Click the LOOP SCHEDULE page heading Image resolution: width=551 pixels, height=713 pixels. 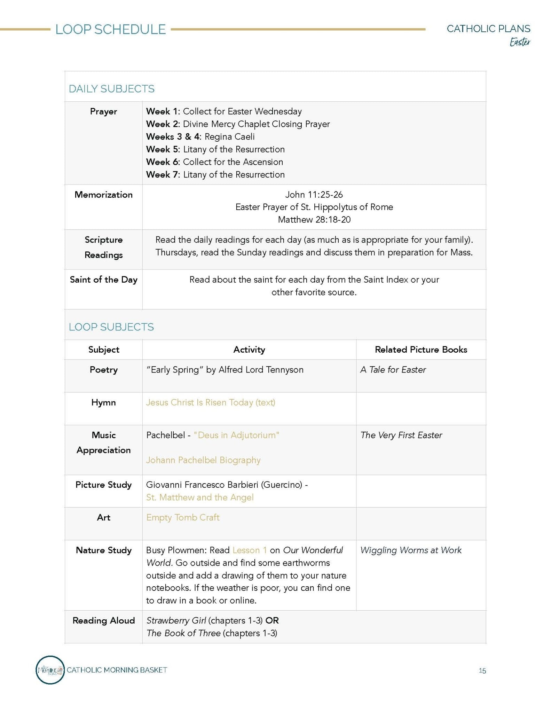pyautogui.click(x=110, y=30)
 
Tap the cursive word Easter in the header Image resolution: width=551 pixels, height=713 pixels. pyautogui.click(x=520, y=42)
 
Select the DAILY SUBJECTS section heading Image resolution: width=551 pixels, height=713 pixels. pyautogui.click(x=111, y=89)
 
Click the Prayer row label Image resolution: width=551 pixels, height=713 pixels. pyautogui.click(x=103, y=111)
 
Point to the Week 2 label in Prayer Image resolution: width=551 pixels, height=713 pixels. pyautogui.click(x=162, y=124)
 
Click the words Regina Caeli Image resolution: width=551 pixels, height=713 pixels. pyautogui.click(x=229, y=136)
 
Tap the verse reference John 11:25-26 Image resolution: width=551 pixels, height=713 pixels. pyautogui.click(x=314, y=195)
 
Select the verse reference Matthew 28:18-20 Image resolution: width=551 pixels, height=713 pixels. pyautogui.click(x=314, y=220)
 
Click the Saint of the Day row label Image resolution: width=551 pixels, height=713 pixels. pyautogui.click(x=103, y=280)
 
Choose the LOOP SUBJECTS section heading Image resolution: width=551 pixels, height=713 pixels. pyautogui.click(x=111, y=327)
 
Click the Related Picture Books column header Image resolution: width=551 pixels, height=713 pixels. pyautogui.click(x=421, y=350)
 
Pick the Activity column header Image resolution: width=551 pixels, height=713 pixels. pyautogui.click(x=249, y=350)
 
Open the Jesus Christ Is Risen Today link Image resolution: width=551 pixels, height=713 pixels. pyautogui.click(x=211, y=402)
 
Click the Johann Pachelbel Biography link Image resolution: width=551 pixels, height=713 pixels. pyautogui.click(x=203, y=460)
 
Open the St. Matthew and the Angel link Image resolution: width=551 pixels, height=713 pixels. pyautogui.click(x=200, y=497)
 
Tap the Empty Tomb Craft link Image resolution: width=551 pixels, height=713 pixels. pyautogui.click(x=183, y=518)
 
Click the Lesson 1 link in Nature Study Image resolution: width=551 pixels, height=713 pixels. pyautogui.click(x=250, y=550)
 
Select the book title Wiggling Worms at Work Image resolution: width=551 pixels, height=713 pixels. pyautogui.click(x=411, y=550)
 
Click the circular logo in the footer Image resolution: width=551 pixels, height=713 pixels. pyautogui.click(x=50, y=670)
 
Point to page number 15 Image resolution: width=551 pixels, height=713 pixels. pyautogui.click(x=482, y=671)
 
